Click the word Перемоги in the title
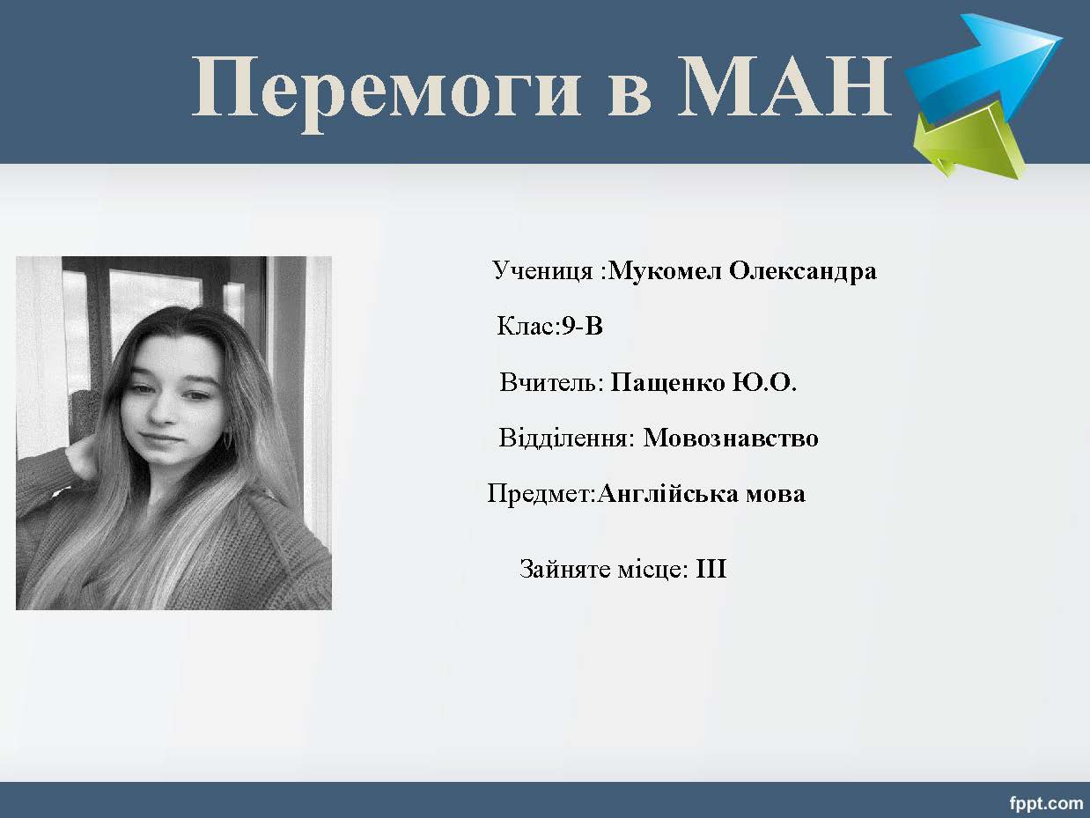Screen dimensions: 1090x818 click(386, 90)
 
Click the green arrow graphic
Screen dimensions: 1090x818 click(968, 145)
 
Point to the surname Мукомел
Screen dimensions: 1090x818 click(665, 271)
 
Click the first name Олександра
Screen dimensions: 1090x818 click(803, 272)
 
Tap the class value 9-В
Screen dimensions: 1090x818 click(582, 327)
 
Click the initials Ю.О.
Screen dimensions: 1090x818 click(765, 382)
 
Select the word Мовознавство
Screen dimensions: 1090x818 click(731, 438)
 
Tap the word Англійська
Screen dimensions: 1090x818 click(667, 494)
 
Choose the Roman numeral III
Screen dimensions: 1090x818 click(711, 569)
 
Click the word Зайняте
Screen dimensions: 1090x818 click(564, 569)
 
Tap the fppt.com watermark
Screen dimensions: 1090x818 click(1046, 803)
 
